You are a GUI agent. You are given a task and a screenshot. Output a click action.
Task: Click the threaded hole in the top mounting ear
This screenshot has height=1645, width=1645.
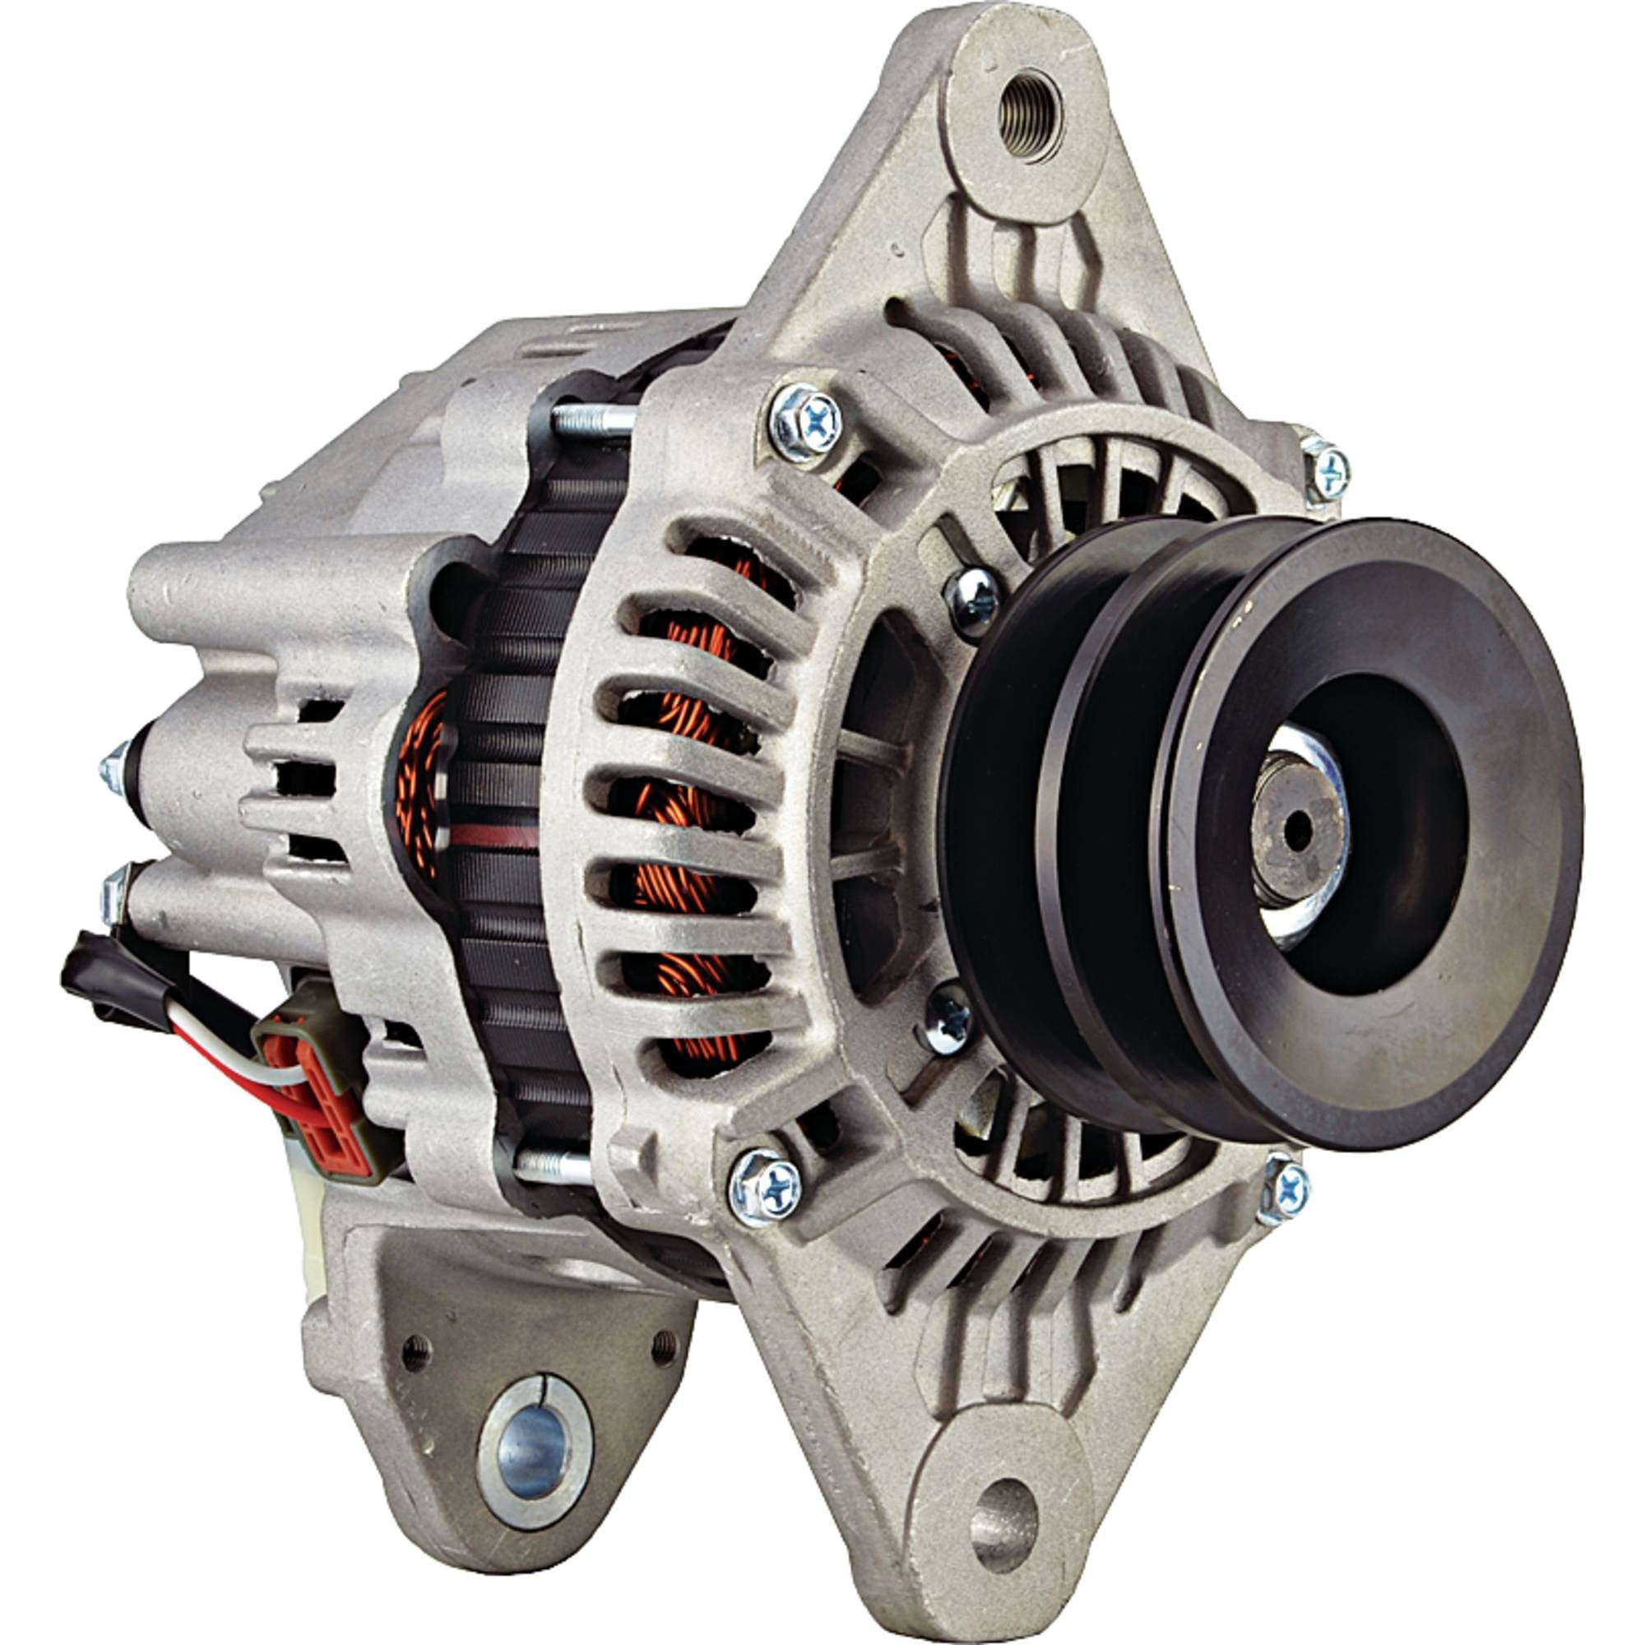1031,110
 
